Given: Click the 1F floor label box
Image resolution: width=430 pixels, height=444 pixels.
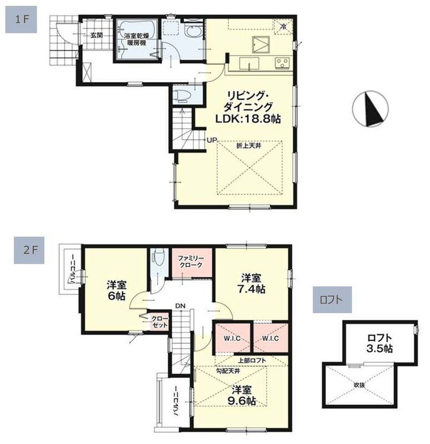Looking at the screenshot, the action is (21, 19).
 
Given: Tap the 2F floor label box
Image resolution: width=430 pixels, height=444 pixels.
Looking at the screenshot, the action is (29, 250).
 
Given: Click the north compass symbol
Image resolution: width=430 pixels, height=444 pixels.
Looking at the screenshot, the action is (370, 109).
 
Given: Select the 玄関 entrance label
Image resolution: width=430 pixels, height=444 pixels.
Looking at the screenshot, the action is (97, 36).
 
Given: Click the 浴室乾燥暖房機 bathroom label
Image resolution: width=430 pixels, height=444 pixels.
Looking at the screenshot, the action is (136, 39).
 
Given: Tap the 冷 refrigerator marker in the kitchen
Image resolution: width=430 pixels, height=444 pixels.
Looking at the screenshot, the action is (283, 27).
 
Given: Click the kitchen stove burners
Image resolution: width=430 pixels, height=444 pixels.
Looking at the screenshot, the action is (282, 63).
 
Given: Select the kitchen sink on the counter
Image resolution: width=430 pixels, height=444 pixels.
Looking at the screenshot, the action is (249, 63).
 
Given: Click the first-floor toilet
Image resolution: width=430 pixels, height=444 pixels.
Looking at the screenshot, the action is (182, 96).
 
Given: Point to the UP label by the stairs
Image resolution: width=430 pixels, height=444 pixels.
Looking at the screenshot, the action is (212, 140).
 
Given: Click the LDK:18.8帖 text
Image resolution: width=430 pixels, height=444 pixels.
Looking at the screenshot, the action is (248, 119).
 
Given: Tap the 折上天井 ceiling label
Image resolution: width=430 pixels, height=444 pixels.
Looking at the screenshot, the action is (249, 146).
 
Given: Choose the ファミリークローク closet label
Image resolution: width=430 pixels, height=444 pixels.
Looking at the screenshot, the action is (191, 261).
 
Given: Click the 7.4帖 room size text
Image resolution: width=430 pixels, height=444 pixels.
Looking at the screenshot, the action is (251, 289).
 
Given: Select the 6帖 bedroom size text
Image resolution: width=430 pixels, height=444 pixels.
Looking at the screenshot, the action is (117, 296).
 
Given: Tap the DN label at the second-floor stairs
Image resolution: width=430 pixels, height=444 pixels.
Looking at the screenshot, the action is (180, 306).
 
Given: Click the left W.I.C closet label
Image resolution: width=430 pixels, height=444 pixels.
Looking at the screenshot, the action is (232, 338).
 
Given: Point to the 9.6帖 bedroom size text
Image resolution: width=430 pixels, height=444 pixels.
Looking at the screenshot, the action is (242, 401).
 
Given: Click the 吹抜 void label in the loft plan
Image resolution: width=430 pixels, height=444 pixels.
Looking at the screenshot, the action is (359, 385).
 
